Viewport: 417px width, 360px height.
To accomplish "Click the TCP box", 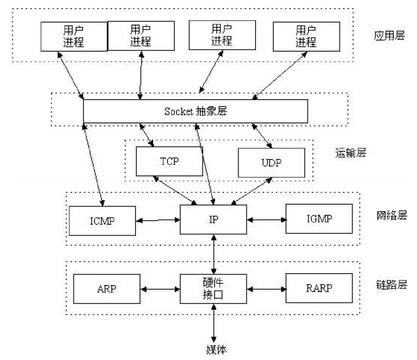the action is (x=169, y=161).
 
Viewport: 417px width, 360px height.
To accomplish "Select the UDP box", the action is (x=272, y=162).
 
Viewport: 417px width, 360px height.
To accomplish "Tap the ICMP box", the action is (x=103, y=221).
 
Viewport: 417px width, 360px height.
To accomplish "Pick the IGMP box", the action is (x=319, y=219).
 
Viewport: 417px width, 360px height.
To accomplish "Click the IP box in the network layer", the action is (x=213, y=220).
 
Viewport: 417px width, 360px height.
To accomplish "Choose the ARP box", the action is (x=107, y=289).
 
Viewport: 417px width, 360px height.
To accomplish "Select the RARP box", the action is (x=319, y=288).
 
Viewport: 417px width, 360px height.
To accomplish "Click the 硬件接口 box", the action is (x=213, y=289).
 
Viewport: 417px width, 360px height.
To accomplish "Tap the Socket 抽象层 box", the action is (x=196, y=111).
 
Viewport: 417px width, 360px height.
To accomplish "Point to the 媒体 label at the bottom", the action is (x=216, y=349).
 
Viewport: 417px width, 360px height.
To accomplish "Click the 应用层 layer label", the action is (x=389, y=35).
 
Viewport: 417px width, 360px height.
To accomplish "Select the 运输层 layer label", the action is (x=350, y=153).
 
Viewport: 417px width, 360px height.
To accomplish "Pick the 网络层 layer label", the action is (x=392, y=215).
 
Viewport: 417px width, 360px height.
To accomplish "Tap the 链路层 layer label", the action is (x=392, y=284).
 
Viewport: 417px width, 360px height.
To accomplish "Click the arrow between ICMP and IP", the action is (x=158, y=220).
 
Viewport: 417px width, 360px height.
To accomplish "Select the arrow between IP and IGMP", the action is (x=267, y=220).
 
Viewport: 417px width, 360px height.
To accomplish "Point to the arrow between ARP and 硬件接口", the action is (x=160, y=289).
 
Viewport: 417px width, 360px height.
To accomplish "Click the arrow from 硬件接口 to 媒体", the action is (x=214, y=323).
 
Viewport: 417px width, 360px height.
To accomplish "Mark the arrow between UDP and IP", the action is (x=252, y=191).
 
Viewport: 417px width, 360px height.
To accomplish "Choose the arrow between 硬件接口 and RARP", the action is (x=267, y=289).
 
